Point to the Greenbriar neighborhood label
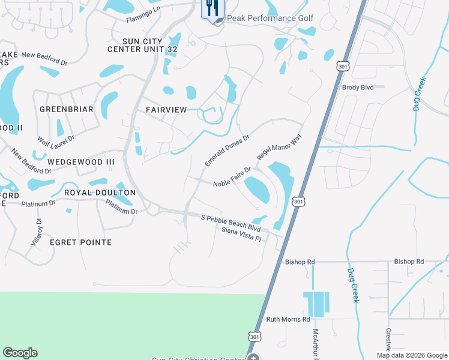(x=67, y=109)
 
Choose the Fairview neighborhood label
(x=166, y=109)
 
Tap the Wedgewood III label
(x=81, y=162)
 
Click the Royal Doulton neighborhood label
(x=100, y=193)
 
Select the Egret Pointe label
(x=81, y=242)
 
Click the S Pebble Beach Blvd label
(x=231, y=223)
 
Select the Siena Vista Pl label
(x=242, y=234)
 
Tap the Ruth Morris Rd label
(x=288, y=320)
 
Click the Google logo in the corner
(x=20, y=353)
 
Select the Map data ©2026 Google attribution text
(x=412, y=355)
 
